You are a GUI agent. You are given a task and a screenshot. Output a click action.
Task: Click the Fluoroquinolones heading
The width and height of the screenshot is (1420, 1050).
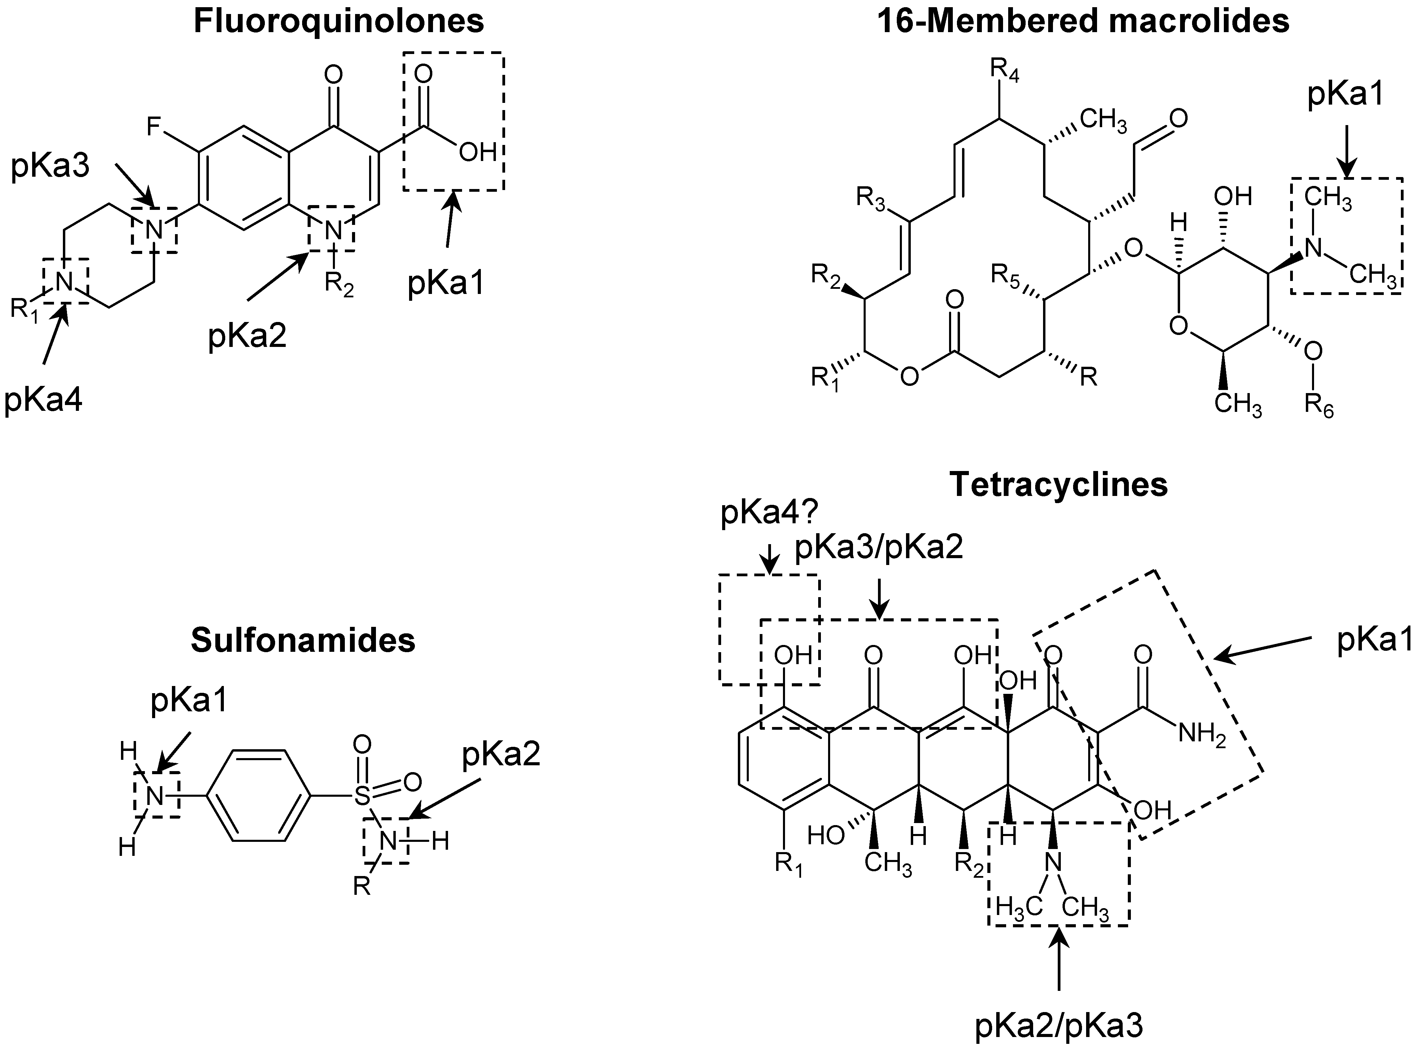[x=339, y=21]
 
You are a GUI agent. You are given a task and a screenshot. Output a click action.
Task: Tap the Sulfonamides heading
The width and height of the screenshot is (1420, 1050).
[x=303, y=640]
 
